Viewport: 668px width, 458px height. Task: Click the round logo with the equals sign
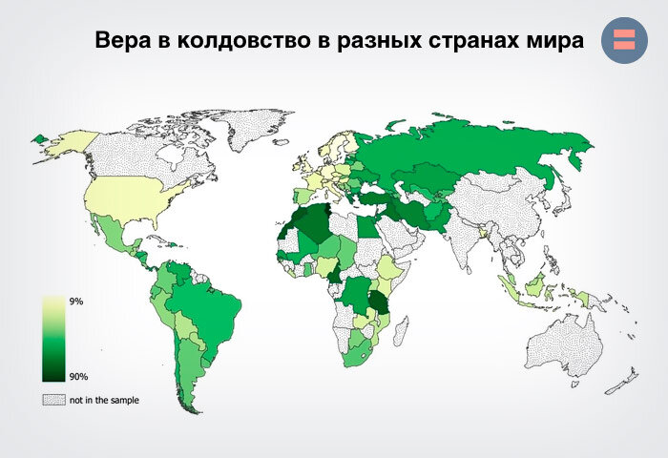(624, 40)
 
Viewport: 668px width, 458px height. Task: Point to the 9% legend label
(77, 302)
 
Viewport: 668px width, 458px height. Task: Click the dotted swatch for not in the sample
(51, 400)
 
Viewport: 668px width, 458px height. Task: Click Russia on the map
(477, 153)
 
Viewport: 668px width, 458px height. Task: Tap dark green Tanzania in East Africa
(383, 304)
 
